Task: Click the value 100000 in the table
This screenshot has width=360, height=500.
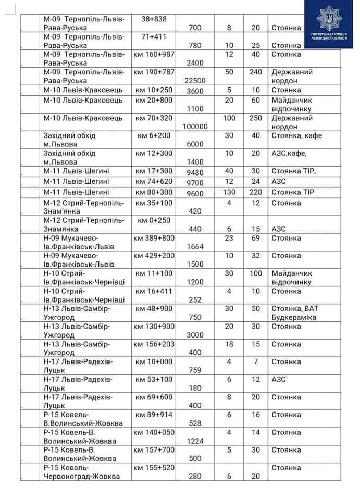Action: tap(195, 127)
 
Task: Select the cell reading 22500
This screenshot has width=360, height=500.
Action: tap(195, 81)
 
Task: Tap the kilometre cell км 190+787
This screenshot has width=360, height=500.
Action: tap(154, 72)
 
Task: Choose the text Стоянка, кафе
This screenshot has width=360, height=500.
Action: tap(296, 135)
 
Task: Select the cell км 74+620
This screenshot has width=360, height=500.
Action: tap(154, 181)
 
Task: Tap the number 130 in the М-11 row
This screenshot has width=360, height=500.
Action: tap(229, 191)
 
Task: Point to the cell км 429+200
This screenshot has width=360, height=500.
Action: tap(154, 256)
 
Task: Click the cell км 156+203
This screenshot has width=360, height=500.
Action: tap(154, 344)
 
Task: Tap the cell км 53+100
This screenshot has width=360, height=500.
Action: tap(154, 380)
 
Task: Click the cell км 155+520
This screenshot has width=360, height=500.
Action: tap(154, 468)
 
